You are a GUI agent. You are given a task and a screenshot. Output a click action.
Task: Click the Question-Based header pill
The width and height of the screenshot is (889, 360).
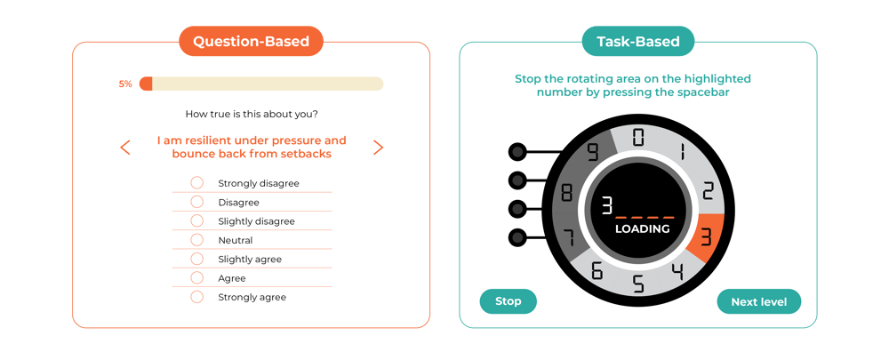251,41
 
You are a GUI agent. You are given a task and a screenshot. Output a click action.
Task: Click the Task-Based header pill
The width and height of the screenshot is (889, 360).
637,41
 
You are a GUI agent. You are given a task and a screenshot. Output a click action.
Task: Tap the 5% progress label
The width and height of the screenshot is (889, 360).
125,84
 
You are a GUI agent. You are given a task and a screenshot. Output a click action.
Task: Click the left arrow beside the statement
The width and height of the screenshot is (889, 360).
125,148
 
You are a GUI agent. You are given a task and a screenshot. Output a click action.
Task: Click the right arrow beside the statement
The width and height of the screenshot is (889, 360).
378,148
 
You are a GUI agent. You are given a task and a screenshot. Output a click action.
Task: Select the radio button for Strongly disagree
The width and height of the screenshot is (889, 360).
197,183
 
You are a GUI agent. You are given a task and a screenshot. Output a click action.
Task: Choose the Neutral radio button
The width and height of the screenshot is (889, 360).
197,240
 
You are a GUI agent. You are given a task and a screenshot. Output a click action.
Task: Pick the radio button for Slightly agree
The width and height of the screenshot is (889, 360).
197,259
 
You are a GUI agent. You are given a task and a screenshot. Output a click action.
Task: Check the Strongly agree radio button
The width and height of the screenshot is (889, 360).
197,297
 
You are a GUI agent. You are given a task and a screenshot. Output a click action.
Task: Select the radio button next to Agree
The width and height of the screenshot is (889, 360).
197,277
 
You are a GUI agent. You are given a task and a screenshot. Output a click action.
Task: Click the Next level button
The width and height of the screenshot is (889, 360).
758,301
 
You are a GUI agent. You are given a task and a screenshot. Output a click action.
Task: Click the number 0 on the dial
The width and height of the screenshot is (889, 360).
638,137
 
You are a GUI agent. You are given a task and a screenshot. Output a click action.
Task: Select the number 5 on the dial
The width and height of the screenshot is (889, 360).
638,284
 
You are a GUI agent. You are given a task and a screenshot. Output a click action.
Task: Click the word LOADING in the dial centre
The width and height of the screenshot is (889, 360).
642,228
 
